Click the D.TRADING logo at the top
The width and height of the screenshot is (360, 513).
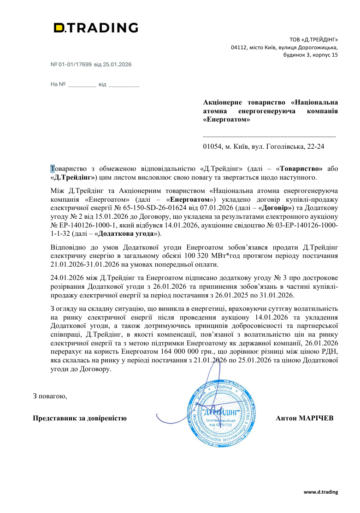pyautogui.click(x=96, y=28)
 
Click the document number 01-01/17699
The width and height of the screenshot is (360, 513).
pyautogui.click(x=76, y=64)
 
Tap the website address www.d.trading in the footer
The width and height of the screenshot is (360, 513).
pyautogui.click(x=320, y=492)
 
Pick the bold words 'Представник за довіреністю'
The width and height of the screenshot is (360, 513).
pyautogui.click(x=80, y=418)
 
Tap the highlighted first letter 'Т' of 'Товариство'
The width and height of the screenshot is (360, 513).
pyautogui.click(x=53, y=169)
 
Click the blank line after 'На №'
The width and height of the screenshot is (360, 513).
pyautogui.click(x=82, y=85)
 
